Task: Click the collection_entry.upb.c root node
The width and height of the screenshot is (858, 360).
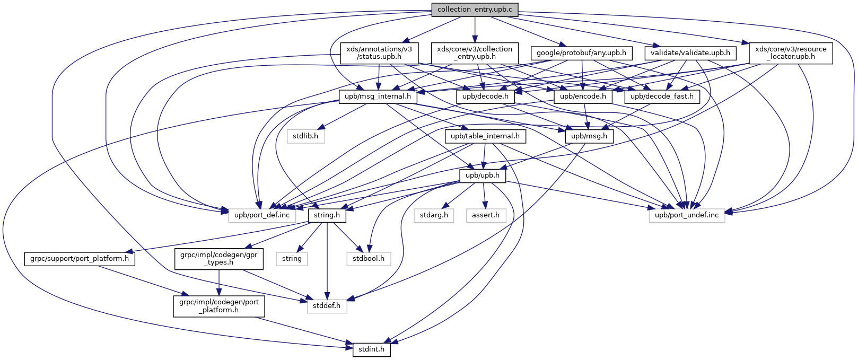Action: (x=475, y=10)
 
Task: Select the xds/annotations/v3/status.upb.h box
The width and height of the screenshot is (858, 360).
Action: (x=379, y=53)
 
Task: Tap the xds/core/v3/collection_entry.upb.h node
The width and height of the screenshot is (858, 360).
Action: (x=475, y=53)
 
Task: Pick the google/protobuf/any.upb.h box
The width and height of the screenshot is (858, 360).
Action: (x=581, y=53)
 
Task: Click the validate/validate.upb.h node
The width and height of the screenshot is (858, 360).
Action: (x=690, y=53)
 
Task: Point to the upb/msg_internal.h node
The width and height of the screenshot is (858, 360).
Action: (x=378, y=96)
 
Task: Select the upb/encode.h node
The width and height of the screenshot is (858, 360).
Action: (x=583, y=96)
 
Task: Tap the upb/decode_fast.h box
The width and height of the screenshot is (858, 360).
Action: (x=663, y=96)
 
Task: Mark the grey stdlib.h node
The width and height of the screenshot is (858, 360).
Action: (x=305, y=136)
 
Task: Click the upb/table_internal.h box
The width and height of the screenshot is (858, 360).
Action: (x=485, y=136)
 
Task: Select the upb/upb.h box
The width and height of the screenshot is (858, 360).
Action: (x=482, y=175)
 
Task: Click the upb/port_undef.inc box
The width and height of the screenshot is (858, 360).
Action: (x=687, y=215)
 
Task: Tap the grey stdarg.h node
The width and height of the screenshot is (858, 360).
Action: (x=434, y=215)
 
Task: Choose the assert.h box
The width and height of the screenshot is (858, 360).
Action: (x=486, y=215)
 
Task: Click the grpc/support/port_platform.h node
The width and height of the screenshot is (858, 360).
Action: (x=80, y=259)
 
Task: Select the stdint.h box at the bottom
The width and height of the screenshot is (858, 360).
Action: (x=371, y=350)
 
